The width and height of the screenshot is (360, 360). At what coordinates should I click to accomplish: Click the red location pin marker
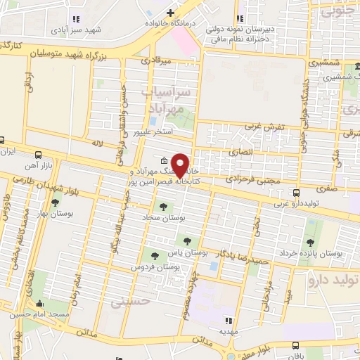pyautogui.click(x=181, y=165)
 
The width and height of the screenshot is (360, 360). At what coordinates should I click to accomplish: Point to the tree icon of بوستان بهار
pyautogui.click(x=55, y=202)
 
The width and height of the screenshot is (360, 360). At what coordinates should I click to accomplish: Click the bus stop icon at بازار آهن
pyautogui.click(x=37, y=155)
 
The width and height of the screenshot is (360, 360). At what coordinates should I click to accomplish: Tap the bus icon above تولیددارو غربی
pyautogui.click(x=297, y=192)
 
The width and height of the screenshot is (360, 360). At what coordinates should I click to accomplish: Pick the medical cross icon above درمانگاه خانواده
pyautogui.click(x=170, y=12)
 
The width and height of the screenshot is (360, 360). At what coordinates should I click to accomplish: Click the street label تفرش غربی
pyautogui.click(x=262, y=126)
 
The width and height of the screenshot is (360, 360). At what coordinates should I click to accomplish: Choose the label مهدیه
pyautogui.click(x=225, y=330)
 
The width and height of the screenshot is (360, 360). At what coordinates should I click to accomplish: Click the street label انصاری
pyautogui.click(x=239, y=152)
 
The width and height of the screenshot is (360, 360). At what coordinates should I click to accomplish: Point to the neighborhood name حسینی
pyautogui.click(x=126, y=302)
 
